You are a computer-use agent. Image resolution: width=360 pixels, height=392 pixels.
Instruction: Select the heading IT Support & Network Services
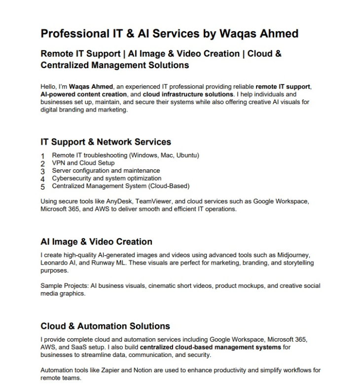106,142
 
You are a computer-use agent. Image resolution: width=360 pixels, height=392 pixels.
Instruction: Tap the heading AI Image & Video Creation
96,242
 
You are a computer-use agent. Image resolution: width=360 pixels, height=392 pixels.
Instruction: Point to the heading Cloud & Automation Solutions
105,326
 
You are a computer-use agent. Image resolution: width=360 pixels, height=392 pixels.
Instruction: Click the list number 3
43,171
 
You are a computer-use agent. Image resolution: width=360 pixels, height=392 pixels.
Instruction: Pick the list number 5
43,187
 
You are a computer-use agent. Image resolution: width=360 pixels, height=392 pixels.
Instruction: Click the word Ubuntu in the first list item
186,155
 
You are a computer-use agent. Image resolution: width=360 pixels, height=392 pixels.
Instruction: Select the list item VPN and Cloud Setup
83,163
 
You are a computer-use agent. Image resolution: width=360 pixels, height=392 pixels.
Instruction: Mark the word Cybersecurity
72,178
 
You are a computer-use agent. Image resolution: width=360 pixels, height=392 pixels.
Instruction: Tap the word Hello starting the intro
48,87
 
